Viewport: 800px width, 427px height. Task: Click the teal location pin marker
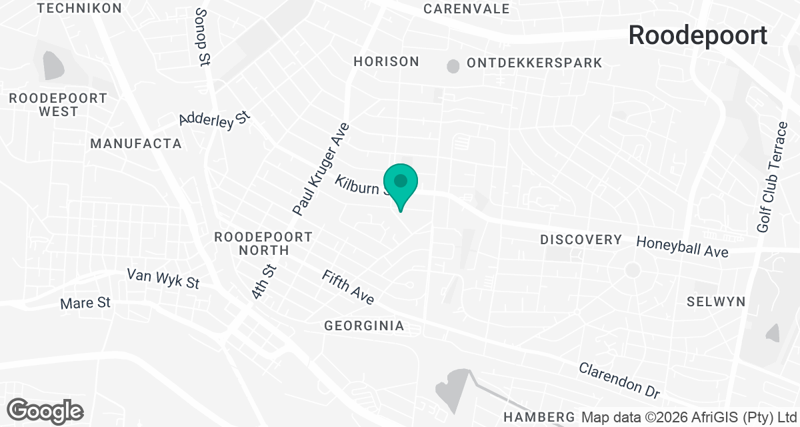click(400, 184)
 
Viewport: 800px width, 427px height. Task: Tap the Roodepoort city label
click(698, 35)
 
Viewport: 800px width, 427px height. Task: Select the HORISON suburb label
click(387, 62)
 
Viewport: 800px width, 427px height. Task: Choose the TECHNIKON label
click(79, 8)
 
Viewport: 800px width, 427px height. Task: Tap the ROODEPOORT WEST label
click(58, 105)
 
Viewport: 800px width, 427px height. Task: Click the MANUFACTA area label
click(136, 143)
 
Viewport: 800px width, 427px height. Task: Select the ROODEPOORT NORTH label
click(263, 244)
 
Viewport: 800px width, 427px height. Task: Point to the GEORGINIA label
click(364, 326)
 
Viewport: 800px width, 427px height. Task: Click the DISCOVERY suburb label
click(581, 240)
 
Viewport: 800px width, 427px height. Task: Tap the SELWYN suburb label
click(716, 302)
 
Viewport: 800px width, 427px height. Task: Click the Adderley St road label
click(214, 119)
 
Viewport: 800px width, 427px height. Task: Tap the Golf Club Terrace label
click(773, 177)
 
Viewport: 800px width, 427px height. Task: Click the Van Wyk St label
click(163, 279)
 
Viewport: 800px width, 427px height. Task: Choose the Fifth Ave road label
click(348, 288)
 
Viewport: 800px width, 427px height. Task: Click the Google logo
click(45, 410)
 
